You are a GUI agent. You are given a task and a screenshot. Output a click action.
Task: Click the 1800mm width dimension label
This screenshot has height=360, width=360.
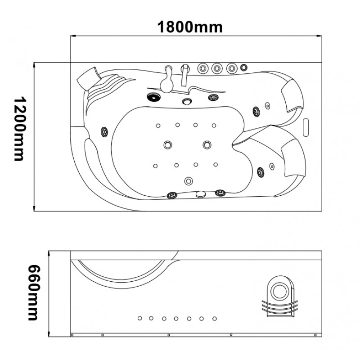[190, 27]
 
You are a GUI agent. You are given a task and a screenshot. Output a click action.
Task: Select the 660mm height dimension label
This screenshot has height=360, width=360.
[34, 293]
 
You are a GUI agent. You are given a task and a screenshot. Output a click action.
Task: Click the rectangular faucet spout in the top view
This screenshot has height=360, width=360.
[185, 75]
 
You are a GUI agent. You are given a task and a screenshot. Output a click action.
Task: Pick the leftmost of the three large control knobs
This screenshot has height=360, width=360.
[203, 68]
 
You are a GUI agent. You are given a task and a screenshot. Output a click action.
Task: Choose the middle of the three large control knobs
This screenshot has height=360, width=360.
[217, 68]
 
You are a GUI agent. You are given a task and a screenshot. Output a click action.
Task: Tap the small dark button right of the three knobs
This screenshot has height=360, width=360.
[244, 67]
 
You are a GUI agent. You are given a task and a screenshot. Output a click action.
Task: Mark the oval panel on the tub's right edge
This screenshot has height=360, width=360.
[306, 127]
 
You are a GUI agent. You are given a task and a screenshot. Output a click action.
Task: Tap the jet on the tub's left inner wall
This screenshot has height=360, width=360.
[104, 132]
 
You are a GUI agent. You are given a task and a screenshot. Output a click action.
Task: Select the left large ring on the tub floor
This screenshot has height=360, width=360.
[168, 145]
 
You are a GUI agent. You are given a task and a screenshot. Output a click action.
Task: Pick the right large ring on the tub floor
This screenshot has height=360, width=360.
[207, 144]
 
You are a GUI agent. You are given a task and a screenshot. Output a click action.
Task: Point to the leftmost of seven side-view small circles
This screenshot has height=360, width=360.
[140, 318]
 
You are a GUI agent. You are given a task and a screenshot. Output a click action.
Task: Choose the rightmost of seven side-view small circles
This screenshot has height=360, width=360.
[215, 319]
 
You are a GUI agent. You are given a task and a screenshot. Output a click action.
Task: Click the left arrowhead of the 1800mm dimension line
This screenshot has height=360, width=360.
[73, 36]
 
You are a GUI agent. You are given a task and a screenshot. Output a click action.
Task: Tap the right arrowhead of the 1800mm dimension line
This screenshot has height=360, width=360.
[319, 36]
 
